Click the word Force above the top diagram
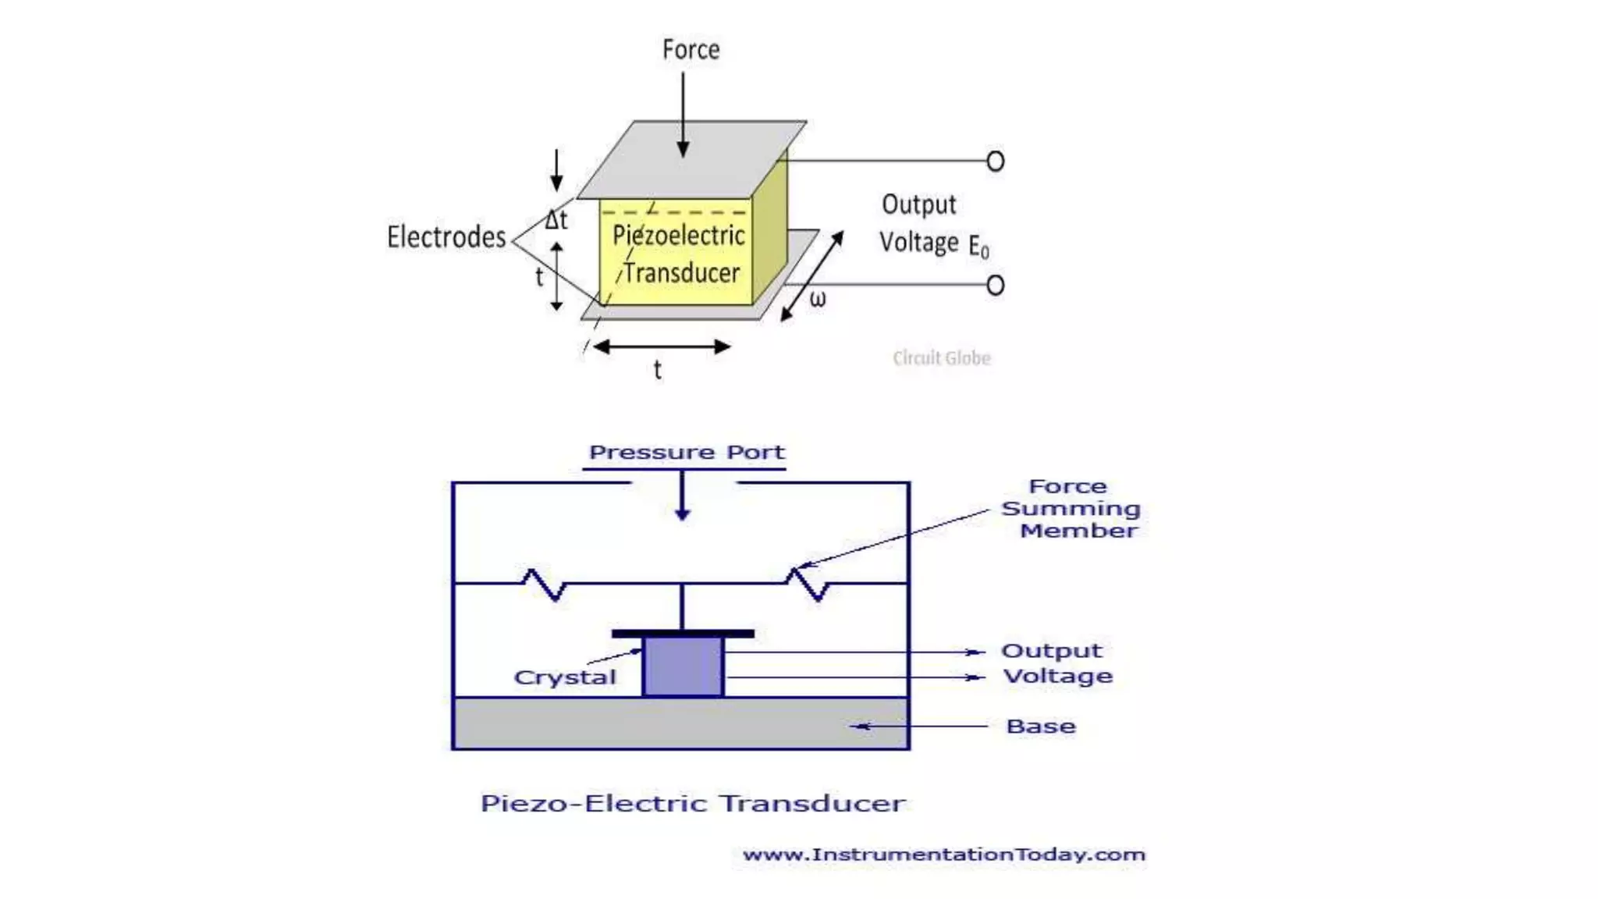pos(691,50)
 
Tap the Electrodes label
pos(446,237)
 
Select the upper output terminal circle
pos(995,162)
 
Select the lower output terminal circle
pos(995,285)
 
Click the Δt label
pos(556,220)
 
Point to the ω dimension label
pos(817,300)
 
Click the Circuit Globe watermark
pos(941,358)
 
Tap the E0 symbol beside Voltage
pos(978,247)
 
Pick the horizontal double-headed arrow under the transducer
pos(662,346)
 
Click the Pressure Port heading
pos(687,453)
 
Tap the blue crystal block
pos(683,667)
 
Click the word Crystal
pos(565,677)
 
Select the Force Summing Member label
pos(1071,509)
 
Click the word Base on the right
pos(1041,727)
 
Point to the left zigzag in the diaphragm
pos(544,585)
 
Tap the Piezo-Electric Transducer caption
pos(693,803)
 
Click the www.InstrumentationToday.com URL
pos(943,855)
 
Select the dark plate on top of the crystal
pos(683,634)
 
